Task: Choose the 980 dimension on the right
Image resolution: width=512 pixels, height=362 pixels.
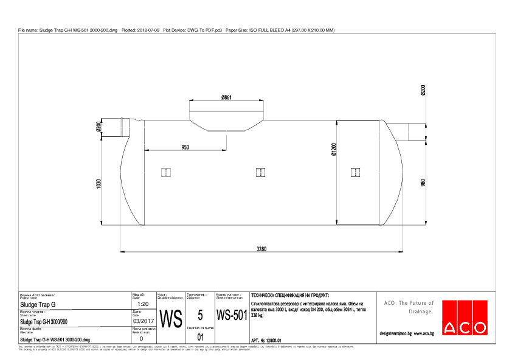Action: click(x=423, y=182)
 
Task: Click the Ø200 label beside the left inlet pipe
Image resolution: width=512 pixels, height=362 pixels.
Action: click(x=99, y=127)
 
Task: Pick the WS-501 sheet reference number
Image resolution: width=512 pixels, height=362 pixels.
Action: click(x=231, y=316)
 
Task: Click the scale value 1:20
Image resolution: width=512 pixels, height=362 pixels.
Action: click(x=144, y=304)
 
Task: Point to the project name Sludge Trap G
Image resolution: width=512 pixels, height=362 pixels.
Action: click(x=38, y=304)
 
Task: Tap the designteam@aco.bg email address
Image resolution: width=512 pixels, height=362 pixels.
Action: click(x=395, y=333)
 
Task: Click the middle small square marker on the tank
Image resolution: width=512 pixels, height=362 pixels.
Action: click(x=260, y=172)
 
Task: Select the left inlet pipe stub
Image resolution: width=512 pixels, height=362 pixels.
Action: click(x=120, y=127)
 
